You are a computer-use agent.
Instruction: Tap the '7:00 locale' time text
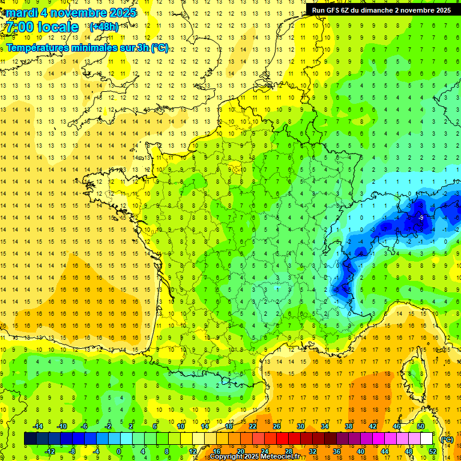(42, 27)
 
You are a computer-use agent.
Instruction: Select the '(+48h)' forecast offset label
(103, 26)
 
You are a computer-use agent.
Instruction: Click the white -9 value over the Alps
(421, 217)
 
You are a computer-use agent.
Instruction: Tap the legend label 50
(421, 426)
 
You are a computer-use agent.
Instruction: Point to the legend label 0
(119, 451)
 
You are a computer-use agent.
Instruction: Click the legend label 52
(433, 451)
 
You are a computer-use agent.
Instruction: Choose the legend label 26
(277, 426)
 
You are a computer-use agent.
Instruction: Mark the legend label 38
(349, 426)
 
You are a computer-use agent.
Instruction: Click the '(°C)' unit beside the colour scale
(447, 439)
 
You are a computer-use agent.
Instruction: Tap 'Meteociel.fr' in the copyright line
(280, 457)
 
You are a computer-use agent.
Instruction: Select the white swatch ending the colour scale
(427, 439)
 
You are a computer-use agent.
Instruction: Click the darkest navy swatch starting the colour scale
(30, 439)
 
